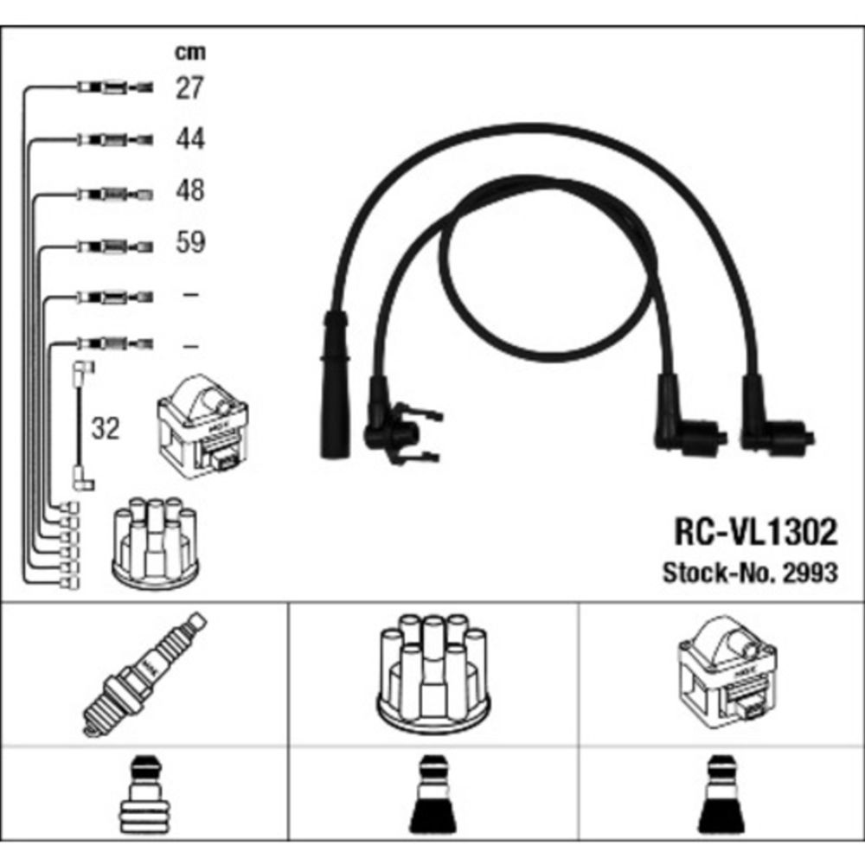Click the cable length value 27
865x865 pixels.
[189, 87]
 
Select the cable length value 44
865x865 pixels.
[189, 138]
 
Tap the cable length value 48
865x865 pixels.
[189, 190]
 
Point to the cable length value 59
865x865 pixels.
[189, 242]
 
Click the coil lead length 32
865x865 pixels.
[106, 428]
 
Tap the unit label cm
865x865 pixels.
[190, 53]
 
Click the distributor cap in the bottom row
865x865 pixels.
[432, 673]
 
